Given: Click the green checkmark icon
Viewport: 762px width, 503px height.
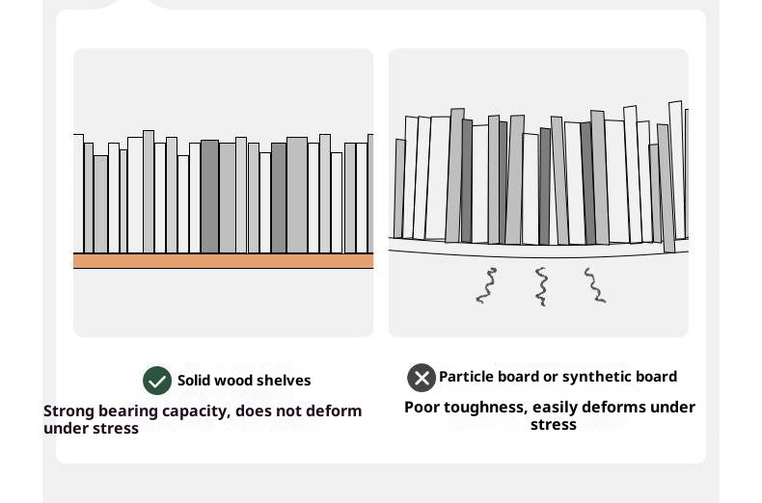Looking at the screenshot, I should pyautogui.click(x=157, y=381).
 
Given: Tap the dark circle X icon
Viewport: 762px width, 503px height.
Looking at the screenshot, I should pyautogui.click(x=422, y=378).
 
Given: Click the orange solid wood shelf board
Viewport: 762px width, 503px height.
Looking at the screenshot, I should pyautogui.click(x=223, y=261).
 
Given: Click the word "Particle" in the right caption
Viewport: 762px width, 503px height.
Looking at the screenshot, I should pyautogui.click(x=469, y=377).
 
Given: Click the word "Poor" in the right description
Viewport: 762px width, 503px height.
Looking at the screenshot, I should pyautogui.click(x=422, y=408).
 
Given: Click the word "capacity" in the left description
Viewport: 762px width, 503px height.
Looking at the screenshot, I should pyautogui.click(x=194, y=411).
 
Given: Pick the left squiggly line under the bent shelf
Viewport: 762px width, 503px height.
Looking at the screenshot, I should pyautogui.click(x=486, y=286).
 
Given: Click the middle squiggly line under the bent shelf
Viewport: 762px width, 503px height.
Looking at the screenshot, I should pyautogui.click(x=541, y=286).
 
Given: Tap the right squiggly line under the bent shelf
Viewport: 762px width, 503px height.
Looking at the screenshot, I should pyautogui.click(x=594, y=286).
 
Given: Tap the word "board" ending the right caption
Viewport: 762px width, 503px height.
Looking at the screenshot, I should pyautogui.click(x=656, y=377).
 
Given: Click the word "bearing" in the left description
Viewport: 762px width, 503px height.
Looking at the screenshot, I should pyautogui.click(x=127, y=411).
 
